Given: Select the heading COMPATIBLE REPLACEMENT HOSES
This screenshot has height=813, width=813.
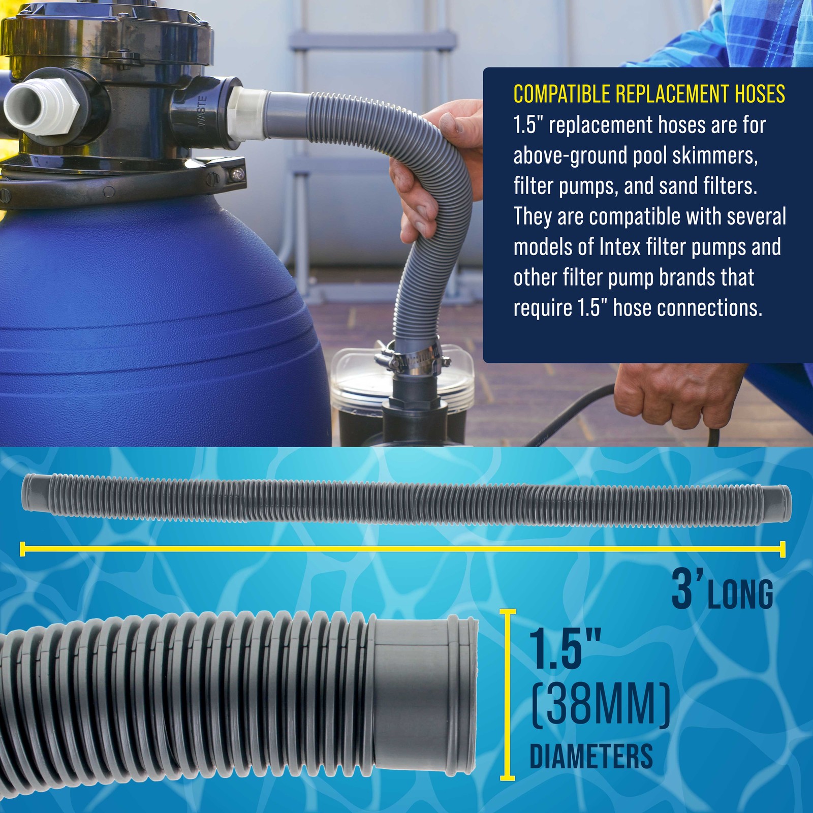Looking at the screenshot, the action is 649,95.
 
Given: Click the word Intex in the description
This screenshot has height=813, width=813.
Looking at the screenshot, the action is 620,247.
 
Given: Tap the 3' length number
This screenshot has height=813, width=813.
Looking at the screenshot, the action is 686,589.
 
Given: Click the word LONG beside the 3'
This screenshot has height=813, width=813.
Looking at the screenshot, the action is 741,594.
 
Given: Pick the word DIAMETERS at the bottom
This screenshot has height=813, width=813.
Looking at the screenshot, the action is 591,756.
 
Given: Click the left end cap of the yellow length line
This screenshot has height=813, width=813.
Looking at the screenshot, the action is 22,549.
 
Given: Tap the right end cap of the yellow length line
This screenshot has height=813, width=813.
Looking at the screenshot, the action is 783,549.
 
